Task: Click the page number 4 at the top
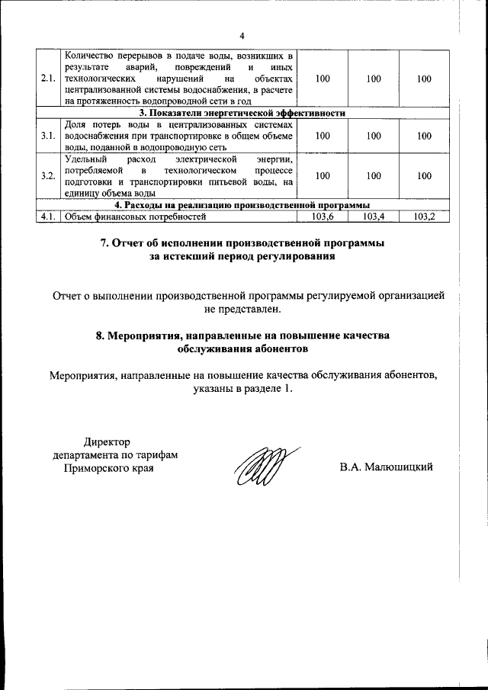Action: point(242,36)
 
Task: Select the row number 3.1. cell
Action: point(48,136)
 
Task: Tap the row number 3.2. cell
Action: point(48,176)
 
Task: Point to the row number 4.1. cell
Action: point(48,217)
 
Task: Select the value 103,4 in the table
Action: point(374,217)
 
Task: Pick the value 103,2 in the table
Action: point(425,217)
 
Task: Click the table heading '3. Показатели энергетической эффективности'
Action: point(242,112)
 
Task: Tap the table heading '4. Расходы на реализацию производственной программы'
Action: point(242,205)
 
